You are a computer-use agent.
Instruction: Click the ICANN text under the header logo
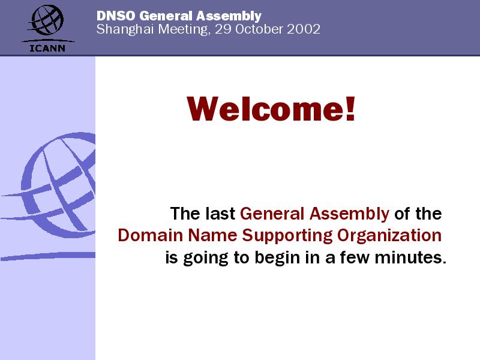click(x=47, y=49)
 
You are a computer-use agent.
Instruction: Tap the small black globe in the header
click(x=47, y=20)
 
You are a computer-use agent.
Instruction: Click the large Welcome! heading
click(x=271, y=109)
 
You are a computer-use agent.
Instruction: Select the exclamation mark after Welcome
click(x=350, y=109)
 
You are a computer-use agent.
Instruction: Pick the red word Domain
click(x=151, y=235)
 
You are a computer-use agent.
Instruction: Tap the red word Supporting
click(x=287, y=236)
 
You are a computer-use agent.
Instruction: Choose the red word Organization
click(x=389, y=236)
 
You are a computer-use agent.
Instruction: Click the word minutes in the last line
click(x=410, y=257)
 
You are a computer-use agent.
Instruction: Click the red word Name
click(x=212, y=235)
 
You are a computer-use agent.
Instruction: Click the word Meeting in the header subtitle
click(x=184, y=29)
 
